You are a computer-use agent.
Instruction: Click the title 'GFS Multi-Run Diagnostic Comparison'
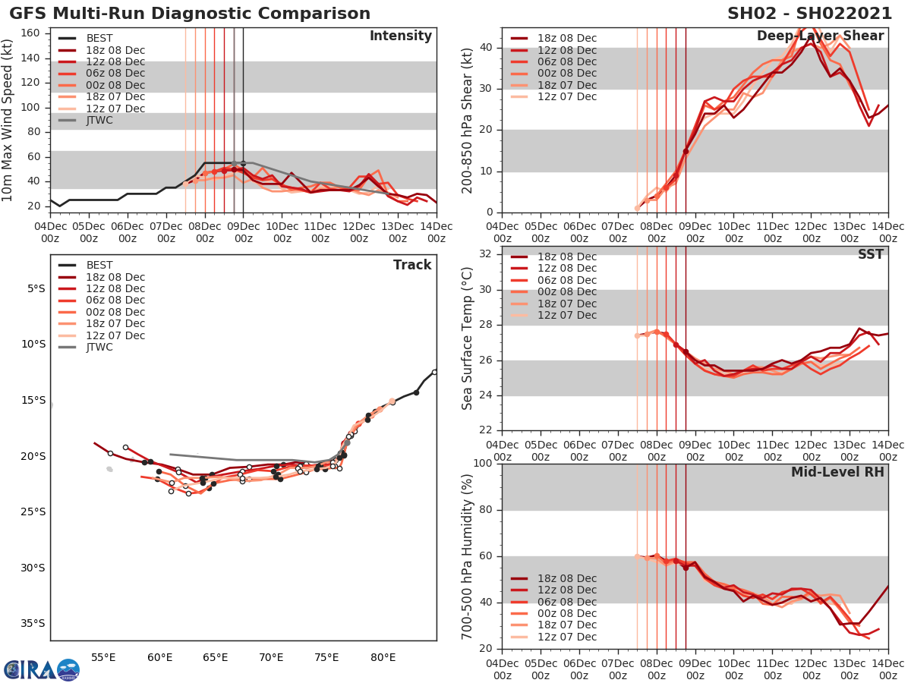tap(190, 14)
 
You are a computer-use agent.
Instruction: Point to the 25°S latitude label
tap(33, 511)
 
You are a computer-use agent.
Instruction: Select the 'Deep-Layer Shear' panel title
tap(820, 36)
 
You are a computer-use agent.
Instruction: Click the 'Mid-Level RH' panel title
tap(837, 472)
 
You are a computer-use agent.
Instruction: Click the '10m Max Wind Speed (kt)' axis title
tap(8, 119)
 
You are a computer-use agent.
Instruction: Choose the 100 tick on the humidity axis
tap(482, 464)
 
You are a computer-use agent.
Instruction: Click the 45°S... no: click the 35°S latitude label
tap(33, 623)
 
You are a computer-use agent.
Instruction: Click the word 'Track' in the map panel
tap(412, 265)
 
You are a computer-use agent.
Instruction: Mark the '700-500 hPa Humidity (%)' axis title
tap(468, 556)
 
